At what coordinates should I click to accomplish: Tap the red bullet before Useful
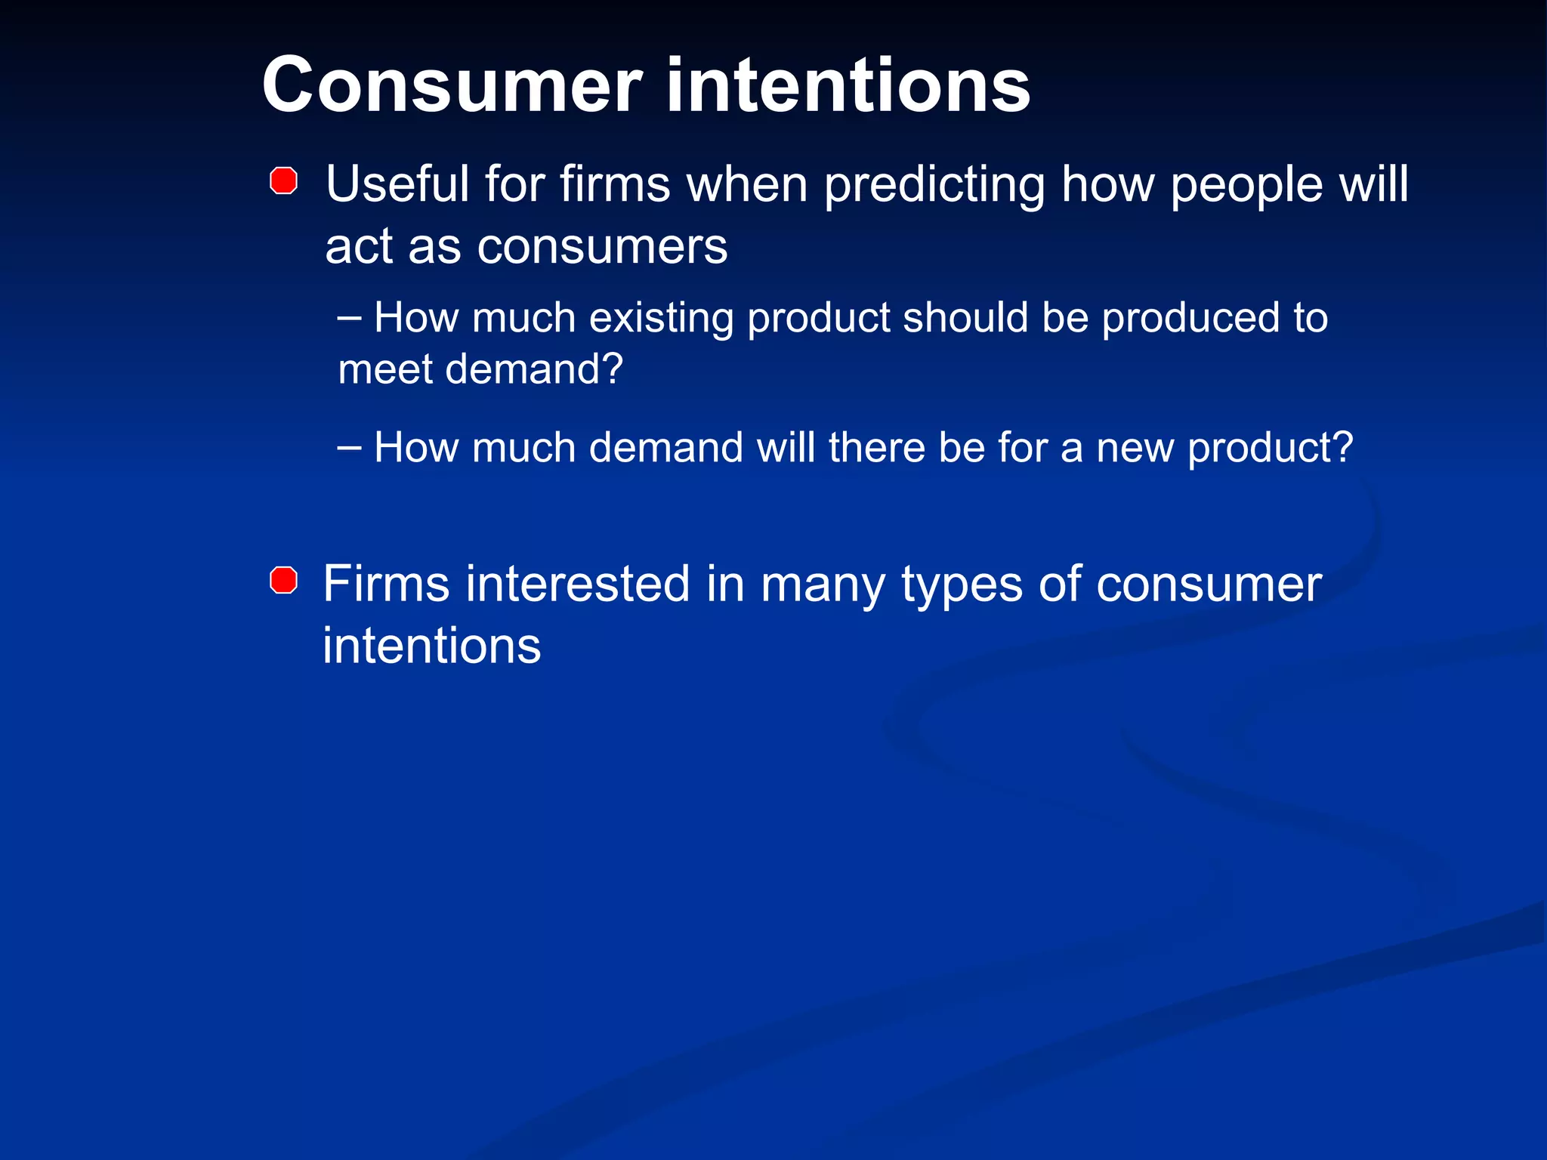[x=283, y=181]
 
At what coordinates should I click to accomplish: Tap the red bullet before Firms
[x=283, y=581]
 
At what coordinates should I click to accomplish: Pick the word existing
[x=661, y=319]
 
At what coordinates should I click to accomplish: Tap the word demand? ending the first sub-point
[x=534, y=370]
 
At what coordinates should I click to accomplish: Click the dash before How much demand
[x=349, y=446]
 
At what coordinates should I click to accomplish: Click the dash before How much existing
[x=349, y=316]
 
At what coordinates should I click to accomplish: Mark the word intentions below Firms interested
[x=431, y=646]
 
